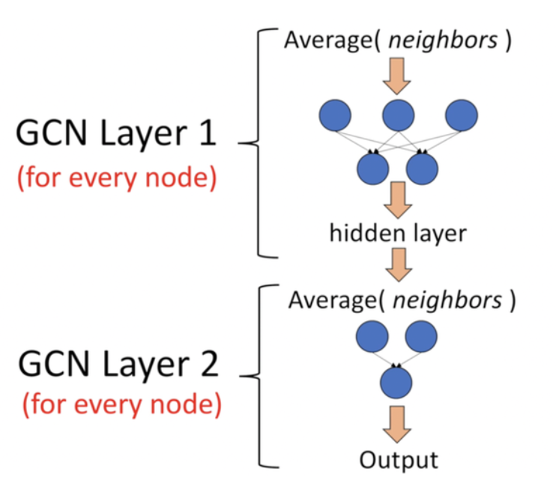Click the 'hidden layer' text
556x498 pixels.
click(398, 233)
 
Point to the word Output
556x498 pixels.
click(397, 458)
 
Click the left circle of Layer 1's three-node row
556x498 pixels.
click(335, 115)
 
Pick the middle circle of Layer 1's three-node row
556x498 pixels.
click(398, 115)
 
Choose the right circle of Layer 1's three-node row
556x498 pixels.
click(461, 115)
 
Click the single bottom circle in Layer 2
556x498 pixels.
click(396, 383)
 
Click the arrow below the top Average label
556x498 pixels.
click(398, 74)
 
